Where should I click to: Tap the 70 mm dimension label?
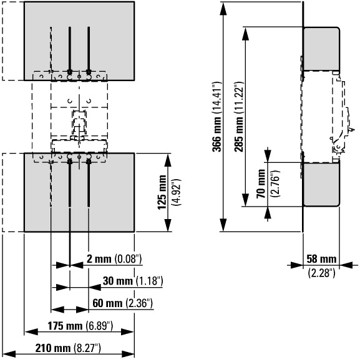[x=261, y=183]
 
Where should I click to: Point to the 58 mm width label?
[x=321, y=259]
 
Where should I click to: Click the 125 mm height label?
[x=162, y=192]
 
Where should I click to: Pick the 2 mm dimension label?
[x=99, y=259]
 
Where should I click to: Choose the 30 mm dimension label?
[x=118, y=281]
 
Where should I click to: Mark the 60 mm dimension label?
[x=107, y=303]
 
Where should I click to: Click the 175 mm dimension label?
[x=65, y=326]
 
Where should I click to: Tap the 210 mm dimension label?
[x=52, y=348]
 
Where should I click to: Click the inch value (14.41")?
[x=217, y=98]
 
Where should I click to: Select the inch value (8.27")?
[x=87, y=348]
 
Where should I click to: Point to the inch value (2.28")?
[x=321, y=273]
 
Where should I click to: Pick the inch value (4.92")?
[x=177, y=192]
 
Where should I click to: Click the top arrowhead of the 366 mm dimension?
[x=223, y=8]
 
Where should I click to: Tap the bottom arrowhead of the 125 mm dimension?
[x=168, y=225]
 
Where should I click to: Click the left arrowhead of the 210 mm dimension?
[x=9, y=354]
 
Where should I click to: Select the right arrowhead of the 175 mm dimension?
[x=128, y=332]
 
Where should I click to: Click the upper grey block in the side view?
[x=321, y=49]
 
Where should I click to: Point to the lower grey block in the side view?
[x=321, y=184]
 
